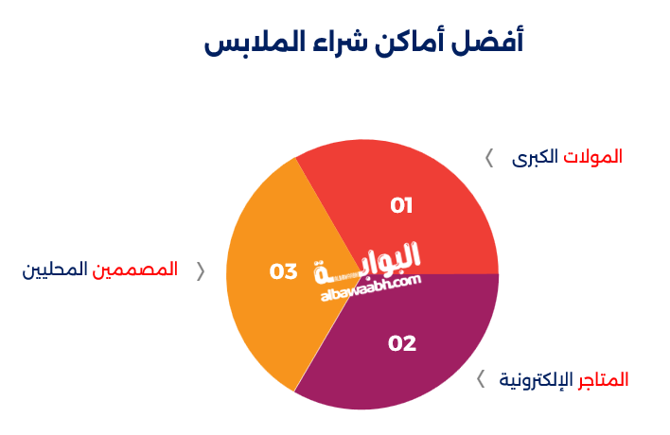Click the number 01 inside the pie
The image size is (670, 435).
point(402,205)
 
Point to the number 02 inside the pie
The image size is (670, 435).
point(402,343)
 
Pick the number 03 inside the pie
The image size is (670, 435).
point(284,271)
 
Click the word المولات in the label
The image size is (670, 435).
point(592,157)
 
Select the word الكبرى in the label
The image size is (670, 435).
point(535,157)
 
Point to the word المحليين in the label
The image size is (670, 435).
point(56,270)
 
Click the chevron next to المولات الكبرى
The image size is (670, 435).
point(489,158)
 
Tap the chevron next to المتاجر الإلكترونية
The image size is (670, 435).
point(481,379)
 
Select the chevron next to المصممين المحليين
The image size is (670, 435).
point(200,270)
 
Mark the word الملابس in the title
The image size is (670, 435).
point(248,43)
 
